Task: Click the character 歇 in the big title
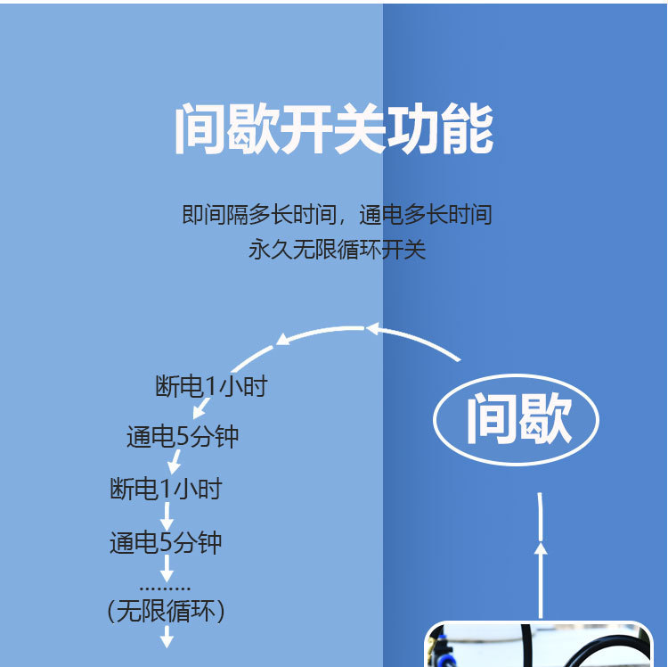254,130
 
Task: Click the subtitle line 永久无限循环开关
337,250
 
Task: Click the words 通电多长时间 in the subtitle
426,215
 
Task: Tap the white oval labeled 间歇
517,419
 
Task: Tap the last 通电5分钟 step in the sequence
166,542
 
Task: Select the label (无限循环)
166,612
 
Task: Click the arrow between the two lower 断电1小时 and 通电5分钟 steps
166,516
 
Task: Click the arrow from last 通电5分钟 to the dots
166,569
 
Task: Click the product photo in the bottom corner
540,645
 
